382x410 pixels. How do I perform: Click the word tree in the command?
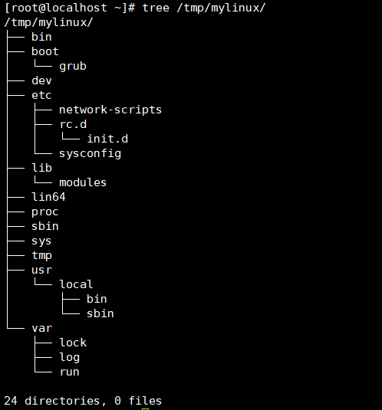[156, 8]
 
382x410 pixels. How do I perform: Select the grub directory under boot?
[73, 67]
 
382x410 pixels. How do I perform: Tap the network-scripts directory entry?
[110, 110]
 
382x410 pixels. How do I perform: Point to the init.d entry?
[107, 139]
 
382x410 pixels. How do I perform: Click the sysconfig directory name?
[90, 154]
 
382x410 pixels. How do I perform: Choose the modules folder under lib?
[83, 182]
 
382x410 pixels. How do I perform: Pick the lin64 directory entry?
[48, 197]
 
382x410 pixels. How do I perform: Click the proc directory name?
[45, 212]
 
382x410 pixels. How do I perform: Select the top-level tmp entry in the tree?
[41, 255]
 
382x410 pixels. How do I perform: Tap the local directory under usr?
[76, 284]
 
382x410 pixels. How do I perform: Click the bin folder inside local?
[97, 299]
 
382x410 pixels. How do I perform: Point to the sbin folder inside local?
[100, 313]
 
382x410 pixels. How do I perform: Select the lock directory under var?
[73, 343]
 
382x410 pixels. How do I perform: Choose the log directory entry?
[69, 357]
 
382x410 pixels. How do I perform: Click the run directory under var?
[69, 372]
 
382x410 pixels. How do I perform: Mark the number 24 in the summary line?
[11, 401]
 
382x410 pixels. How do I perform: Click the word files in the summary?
[145, 401]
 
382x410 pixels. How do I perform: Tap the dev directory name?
[41, 80]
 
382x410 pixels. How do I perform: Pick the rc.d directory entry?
[73, 124]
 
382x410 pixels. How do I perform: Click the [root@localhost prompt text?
[56, 8]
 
